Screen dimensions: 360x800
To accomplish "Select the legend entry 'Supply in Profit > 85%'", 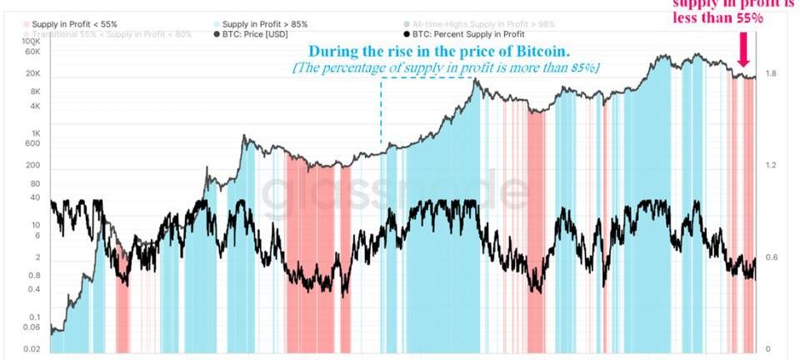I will click(257, 25).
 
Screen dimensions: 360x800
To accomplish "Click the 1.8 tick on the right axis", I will click(772, 74).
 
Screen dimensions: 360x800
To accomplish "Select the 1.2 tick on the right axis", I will click(772, 166).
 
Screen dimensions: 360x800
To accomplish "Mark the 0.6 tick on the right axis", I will click(772, 257).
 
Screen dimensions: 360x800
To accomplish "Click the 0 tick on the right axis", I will click(768, 348).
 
